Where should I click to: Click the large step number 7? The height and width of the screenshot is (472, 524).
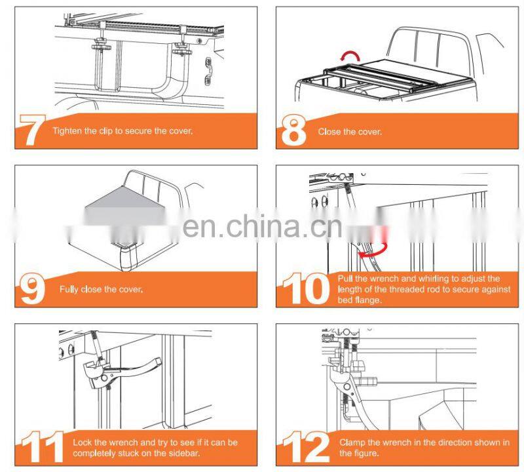[32, 130]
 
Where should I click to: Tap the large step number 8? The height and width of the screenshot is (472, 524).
[293, 130]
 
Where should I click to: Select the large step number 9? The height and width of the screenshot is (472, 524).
[32, 289]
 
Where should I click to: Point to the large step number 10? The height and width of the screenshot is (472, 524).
[305, 288]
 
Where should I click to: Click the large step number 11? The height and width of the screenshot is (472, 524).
[43, 447]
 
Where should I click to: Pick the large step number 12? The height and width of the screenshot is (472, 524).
[306, 447]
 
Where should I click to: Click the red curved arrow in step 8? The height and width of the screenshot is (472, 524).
[350, 56]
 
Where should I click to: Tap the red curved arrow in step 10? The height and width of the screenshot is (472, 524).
[373, 250]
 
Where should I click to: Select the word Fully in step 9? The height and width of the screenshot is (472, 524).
[69, 289]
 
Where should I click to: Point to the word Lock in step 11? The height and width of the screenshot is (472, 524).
[82, 442]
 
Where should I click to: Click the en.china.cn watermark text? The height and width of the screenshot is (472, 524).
[263, 226]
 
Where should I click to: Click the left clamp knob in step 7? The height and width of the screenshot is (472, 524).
[101, 45]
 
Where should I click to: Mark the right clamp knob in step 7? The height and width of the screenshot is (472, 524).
[181, 49]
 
